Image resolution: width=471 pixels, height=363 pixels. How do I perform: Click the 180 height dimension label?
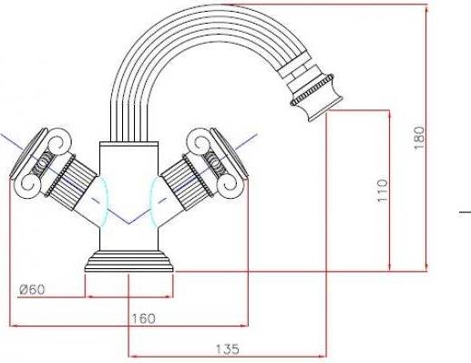pyautogui.click(x=419, y=138)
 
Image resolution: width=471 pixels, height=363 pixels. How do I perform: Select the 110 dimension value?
pyautogui.click(x=383, y=191)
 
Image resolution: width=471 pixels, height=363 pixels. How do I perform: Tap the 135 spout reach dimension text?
pyautogui.click(x=228, y=349)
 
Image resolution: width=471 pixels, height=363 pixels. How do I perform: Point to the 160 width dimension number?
pyautogui.click(x=143, y=318)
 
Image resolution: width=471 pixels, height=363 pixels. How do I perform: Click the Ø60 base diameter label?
pyautogui.click(x=32, y=289)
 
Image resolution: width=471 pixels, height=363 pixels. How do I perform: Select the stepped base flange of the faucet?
pyautogui.click(x=128, y=261)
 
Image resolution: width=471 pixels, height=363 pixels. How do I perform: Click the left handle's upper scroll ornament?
pyautogui.click(x=59, y=140)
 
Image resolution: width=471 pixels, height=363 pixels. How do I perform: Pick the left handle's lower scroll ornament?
pyautogui.click(x=30, y=184)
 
